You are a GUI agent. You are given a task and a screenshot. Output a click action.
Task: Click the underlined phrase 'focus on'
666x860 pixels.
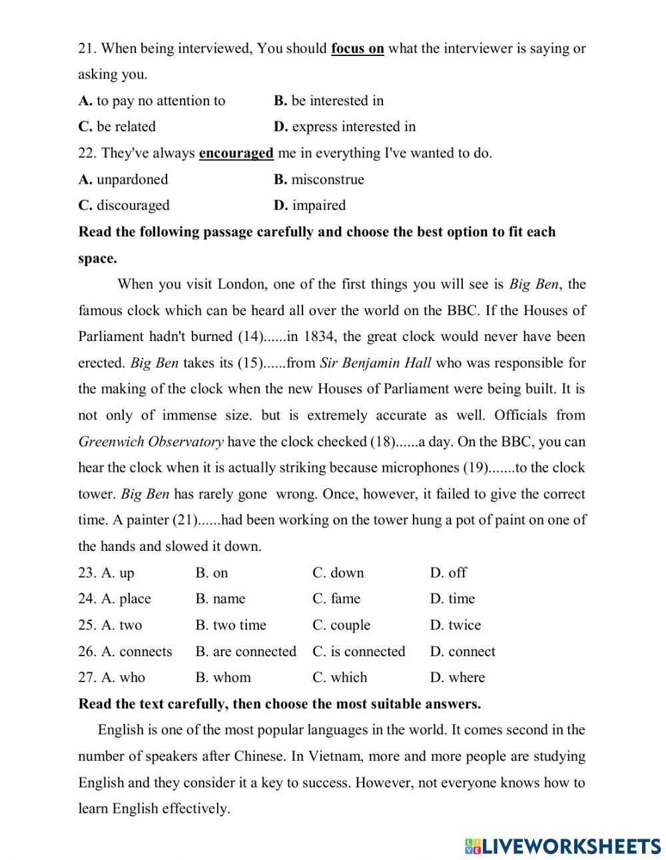tap(357, 49)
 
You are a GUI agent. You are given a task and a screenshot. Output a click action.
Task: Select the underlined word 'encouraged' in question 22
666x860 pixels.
tap(236, 153)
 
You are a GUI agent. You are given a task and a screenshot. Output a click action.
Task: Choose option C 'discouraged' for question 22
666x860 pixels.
tap(125, 205)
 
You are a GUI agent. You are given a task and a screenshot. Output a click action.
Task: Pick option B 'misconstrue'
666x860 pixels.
tap(319, 179)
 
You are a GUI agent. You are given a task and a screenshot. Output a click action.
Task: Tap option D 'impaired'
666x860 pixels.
tap(310, 205)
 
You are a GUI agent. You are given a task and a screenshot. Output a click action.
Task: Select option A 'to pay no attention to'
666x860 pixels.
tap(153, 101)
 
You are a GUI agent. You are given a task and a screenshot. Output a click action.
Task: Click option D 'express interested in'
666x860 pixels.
tap(344, 127)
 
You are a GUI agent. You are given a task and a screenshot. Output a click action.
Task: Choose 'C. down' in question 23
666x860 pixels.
tap(338, 573)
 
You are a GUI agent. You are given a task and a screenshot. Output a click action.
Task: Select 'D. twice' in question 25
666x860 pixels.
tap(456, 626)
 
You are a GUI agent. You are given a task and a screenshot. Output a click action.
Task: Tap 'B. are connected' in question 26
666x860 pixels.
tap(246, 651)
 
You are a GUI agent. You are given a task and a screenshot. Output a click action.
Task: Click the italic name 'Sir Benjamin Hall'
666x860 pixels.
tap(376, 363)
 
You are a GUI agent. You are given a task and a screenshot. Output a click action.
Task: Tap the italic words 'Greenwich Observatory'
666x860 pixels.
tap(151, 442)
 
